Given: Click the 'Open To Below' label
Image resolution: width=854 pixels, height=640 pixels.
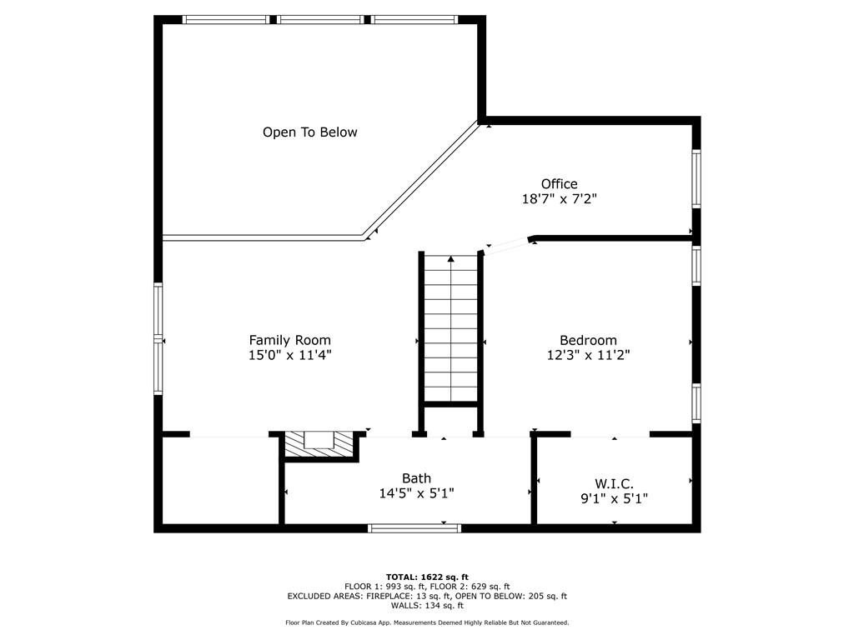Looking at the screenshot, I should pos(309,132).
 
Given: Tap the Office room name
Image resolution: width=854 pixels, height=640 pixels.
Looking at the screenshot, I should pos(559,184).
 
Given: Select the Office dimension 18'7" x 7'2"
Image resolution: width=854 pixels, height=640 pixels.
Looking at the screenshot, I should pos(559,199).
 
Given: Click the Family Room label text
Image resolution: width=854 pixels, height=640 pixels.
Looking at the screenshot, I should pos(289,340).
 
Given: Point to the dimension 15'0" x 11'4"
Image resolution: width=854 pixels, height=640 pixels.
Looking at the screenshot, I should pos(289,355).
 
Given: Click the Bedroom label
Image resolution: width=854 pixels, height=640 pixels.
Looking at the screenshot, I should pos(588,340).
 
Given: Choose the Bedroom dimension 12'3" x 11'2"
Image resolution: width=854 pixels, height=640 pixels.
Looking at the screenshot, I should pos(588,355).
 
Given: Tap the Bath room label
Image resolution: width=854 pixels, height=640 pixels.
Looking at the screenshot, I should pos(416,478).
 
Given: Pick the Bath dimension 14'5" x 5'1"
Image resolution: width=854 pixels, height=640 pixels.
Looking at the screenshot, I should pos(416,493).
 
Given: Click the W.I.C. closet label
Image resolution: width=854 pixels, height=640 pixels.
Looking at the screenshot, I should pos(614,483).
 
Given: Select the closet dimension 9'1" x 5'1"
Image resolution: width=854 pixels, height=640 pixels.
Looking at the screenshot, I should pos(614,498).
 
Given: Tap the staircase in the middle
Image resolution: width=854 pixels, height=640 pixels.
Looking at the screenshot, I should pos(451,333).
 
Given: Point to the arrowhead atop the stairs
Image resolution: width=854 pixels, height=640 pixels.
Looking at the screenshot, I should pos(451,260).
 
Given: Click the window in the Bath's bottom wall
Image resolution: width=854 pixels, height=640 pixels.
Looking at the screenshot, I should pos(414,527).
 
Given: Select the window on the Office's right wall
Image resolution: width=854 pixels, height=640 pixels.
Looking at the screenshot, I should pos(696,177).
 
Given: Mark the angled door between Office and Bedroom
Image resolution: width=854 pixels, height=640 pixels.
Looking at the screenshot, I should pos(507,244).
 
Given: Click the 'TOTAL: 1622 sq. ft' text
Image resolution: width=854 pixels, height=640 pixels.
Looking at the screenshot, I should pos(427,577).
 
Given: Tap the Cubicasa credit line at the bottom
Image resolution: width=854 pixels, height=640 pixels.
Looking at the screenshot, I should pos(427,622).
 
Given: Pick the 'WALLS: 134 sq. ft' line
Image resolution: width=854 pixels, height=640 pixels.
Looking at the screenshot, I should pos(427,605).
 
